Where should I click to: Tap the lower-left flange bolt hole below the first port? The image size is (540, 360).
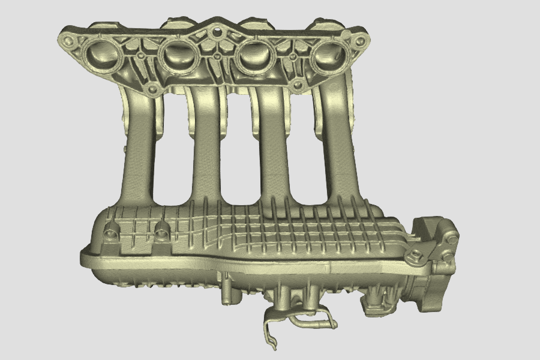coord(152,91)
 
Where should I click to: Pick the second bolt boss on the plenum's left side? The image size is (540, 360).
coord(161,228)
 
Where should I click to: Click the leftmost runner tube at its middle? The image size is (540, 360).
coord(139,150)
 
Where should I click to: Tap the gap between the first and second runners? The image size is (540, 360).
coord(172,150)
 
